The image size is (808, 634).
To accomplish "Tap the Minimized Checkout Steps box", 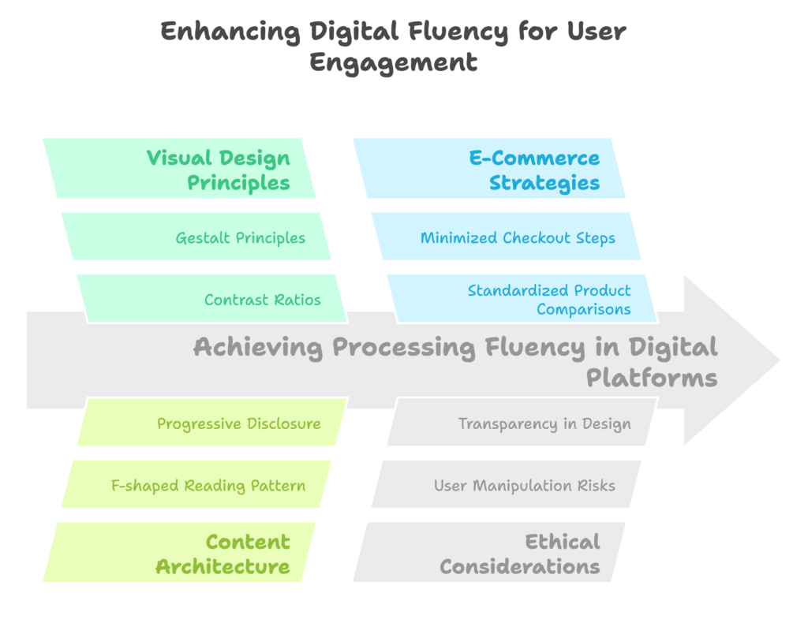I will [x=506, y=237].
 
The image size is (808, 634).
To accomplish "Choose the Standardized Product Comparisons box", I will [x=525, y=299].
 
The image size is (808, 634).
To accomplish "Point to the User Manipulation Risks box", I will [x=506, y=485].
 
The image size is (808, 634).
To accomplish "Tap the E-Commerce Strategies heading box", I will [x=489, y=170].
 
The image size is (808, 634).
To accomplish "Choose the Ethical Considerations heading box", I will [x=489, y=554].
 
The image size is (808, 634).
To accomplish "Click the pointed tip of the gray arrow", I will [x=776, y=360].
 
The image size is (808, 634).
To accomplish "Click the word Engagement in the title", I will [x=393, y=62].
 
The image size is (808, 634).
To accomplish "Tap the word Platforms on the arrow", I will [x=651, y=378].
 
